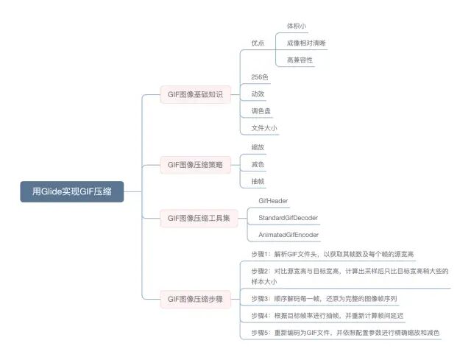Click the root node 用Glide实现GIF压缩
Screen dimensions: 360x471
[71, 191]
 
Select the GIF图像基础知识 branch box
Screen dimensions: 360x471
[195, 94]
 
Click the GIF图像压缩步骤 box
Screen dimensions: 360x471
[195, 299]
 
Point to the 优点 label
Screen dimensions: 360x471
[258, 43]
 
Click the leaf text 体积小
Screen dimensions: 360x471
[297, 26]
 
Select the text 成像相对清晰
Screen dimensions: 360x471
[305, 43]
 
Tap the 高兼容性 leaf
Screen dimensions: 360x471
[300, 60]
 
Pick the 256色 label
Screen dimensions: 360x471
[260, 77]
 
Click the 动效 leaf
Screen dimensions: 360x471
[258, 94]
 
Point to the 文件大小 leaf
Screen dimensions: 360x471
[264, 128]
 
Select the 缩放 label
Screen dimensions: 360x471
[258, 147]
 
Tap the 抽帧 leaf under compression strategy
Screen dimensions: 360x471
[258, 180]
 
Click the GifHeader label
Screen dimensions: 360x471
[272, 200]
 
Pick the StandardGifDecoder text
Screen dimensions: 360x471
[288, 217]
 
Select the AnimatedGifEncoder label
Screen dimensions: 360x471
[288, 235]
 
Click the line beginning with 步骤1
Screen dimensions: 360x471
[332, 254]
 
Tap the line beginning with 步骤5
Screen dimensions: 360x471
[344, 333]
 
